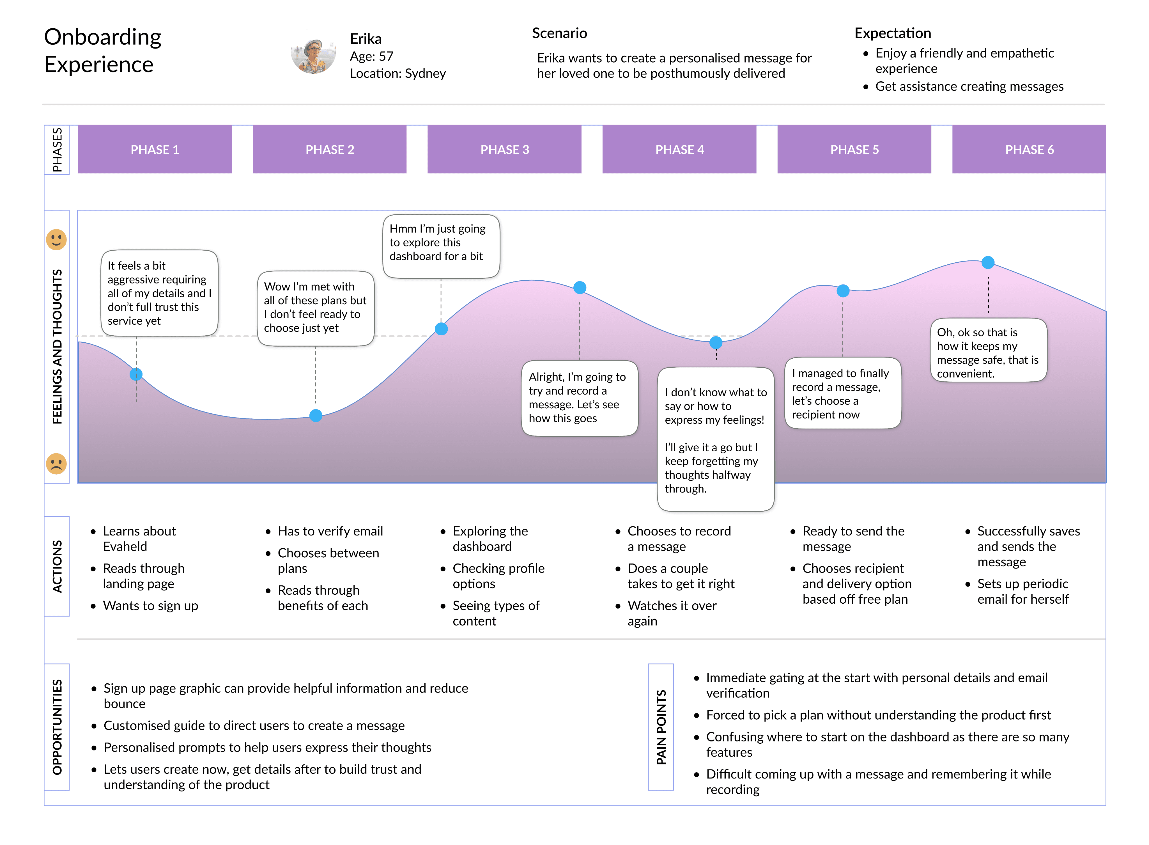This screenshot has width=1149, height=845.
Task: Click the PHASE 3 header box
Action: click(504, 149)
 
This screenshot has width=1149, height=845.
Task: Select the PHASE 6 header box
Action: click(1029, 149)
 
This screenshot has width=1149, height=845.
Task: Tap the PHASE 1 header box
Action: click(155, 149)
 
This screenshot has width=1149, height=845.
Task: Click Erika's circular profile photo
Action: click(313, 56)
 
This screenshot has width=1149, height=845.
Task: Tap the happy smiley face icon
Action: click(56, 239)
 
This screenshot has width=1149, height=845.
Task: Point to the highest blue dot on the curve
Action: click(988, 262)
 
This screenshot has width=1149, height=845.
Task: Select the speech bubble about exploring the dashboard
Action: click(441, 246)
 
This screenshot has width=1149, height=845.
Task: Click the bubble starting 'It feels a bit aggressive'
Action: click(160, 293)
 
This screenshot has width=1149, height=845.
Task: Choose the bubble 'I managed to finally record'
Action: click(843, 393)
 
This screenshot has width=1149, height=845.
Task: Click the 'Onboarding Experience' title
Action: click(103, 51)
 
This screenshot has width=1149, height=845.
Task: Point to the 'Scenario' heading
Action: click(559, 33)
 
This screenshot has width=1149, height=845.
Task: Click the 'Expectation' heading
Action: click(893, 33)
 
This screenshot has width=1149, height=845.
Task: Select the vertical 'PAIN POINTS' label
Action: click(661, 727)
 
